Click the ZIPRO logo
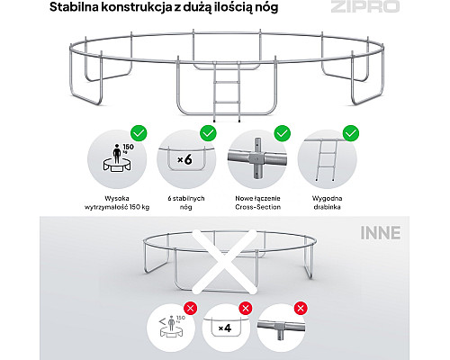coord(365,6)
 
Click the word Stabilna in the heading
coord(74,7)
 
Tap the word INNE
coord(381,233)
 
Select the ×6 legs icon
coord(186,160)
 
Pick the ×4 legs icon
coord(225,328)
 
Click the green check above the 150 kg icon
coord(139,133)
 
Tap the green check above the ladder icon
coord(351,133)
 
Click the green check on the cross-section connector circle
coord(283,133)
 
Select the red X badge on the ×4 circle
coord(246,308)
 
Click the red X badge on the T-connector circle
coord(301,308)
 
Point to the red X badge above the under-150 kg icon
coord(191,308)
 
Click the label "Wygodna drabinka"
coord(327,202)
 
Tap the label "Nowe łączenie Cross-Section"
coord(258,202)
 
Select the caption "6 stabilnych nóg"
coord(186,202)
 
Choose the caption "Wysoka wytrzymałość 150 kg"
coord(117,202)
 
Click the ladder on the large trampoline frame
coord(227,92)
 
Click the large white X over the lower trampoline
coord(224,262)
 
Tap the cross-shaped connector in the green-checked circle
coord(257,158)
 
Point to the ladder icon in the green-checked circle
coord(325,160)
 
